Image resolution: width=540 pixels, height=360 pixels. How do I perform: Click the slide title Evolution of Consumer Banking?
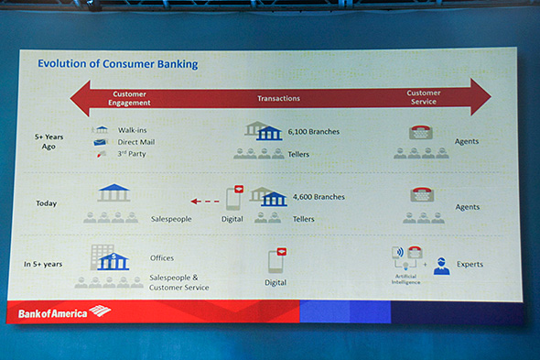[x=117, y=64]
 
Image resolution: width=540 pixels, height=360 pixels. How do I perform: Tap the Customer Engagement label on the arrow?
[x=129, y=97]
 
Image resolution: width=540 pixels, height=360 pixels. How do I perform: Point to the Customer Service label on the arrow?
[x=425, y=96]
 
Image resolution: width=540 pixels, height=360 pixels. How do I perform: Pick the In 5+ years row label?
[x=43, y=265]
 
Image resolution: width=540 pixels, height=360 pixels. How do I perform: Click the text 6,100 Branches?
[x=313, y=132]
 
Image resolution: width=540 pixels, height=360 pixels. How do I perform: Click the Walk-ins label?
[x=134, y=130]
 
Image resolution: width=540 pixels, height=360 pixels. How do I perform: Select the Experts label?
[x=470, y=265]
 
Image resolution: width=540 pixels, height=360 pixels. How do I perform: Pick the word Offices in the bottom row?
[x=161, y=258]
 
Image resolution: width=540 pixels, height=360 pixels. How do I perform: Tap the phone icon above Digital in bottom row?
[x=276, y=260]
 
